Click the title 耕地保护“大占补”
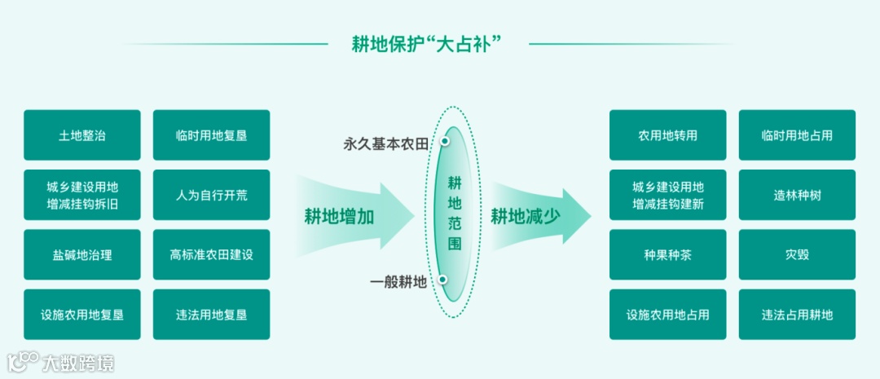[x=426, y=43]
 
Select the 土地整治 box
[x=82, y=135]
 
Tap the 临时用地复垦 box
[x=211, y=135]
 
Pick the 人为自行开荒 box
[x=211, y=195]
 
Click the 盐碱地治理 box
[x=82, y=254]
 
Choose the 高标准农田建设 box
[x=211, y=254]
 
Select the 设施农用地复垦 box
[x=82, y=314]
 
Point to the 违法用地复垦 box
[x=211, y=314]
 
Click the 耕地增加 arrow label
[x=339, y=216]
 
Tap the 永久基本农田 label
[x=385, y=144]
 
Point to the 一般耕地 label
[x=398, y=283]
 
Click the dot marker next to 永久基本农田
[x=445, y=141]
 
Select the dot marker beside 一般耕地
[x=442, y=280]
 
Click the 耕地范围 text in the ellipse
[x=455, y=213]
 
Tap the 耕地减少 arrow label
[x=525, y=216]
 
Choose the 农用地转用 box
[x=667, y=135]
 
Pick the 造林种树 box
[x=797, y=195]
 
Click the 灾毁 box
[x=797, y=254]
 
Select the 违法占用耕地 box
[x=797, y=314]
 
